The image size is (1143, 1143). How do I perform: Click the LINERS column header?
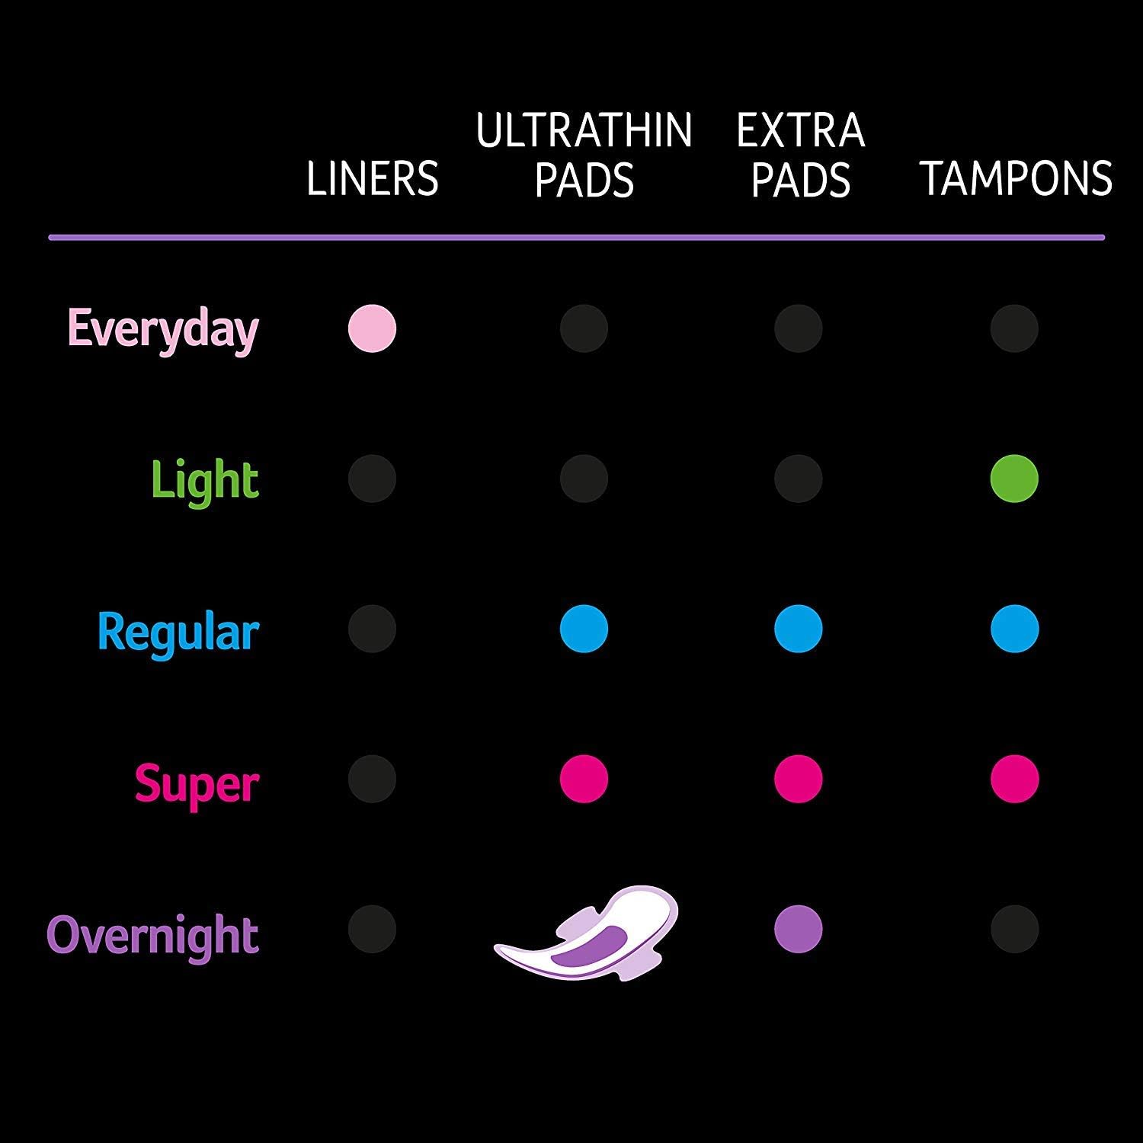click(372, 178)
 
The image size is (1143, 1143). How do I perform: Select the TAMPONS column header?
click(1016, 178)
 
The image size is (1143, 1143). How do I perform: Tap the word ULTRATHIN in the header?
click(584, 130)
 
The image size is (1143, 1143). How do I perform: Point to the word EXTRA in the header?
click(800, 130)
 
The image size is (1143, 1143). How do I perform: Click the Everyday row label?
click(163, 330)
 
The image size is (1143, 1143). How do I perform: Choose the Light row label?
click(205, 480)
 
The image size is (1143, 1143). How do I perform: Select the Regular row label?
click(178, 632)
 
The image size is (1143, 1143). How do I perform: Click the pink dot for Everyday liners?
click(372, 328)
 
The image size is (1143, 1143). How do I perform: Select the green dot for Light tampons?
click(1014, 479)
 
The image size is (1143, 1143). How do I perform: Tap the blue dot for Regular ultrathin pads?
click(584, 629)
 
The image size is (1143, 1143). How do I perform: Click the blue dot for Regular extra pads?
click(798, 629)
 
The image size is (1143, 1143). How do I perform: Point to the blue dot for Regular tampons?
click(1014, 629)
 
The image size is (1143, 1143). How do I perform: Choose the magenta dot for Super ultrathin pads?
click(584, 779)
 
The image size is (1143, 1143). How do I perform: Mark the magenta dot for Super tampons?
click(1014, 779)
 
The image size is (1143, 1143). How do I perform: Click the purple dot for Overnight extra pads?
click(798, 929)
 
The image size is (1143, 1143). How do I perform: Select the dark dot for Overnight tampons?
click(1014, 929)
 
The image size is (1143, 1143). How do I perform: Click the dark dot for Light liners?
click(372, 479)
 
